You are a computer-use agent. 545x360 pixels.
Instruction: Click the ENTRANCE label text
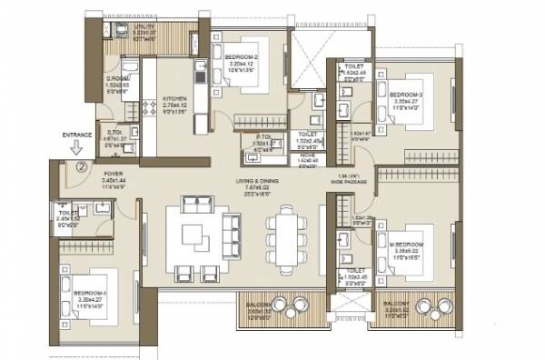[x=77, y=135]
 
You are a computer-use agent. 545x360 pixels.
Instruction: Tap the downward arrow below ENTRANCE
[x=78, y=148]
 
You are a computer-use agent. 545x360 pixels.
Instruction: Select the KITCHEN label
[x=175, y=98]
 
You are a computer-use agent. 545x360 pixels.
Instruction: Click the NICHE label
[x=307, y=155]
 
